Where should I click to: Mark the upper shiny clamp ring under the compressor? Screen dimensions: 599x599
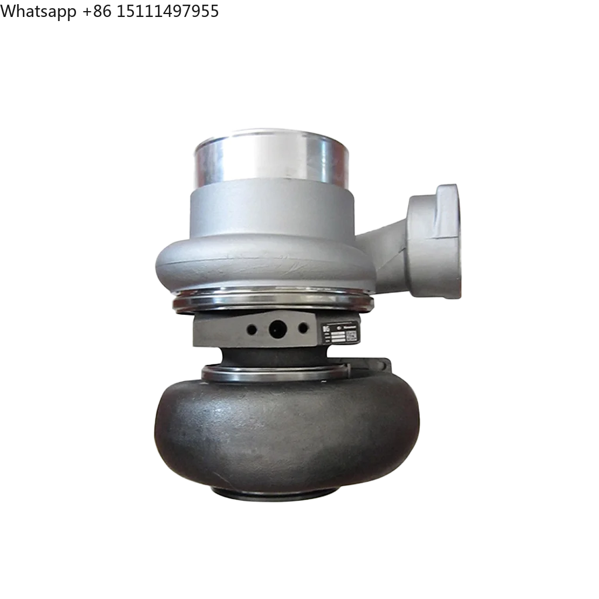click(x=272, y=301)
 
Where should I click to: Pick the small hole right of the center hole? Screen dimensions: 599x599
click(x=302, y=328)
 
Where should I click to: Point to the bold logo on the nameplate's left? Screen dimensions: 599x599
click(x=326, y=331)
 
